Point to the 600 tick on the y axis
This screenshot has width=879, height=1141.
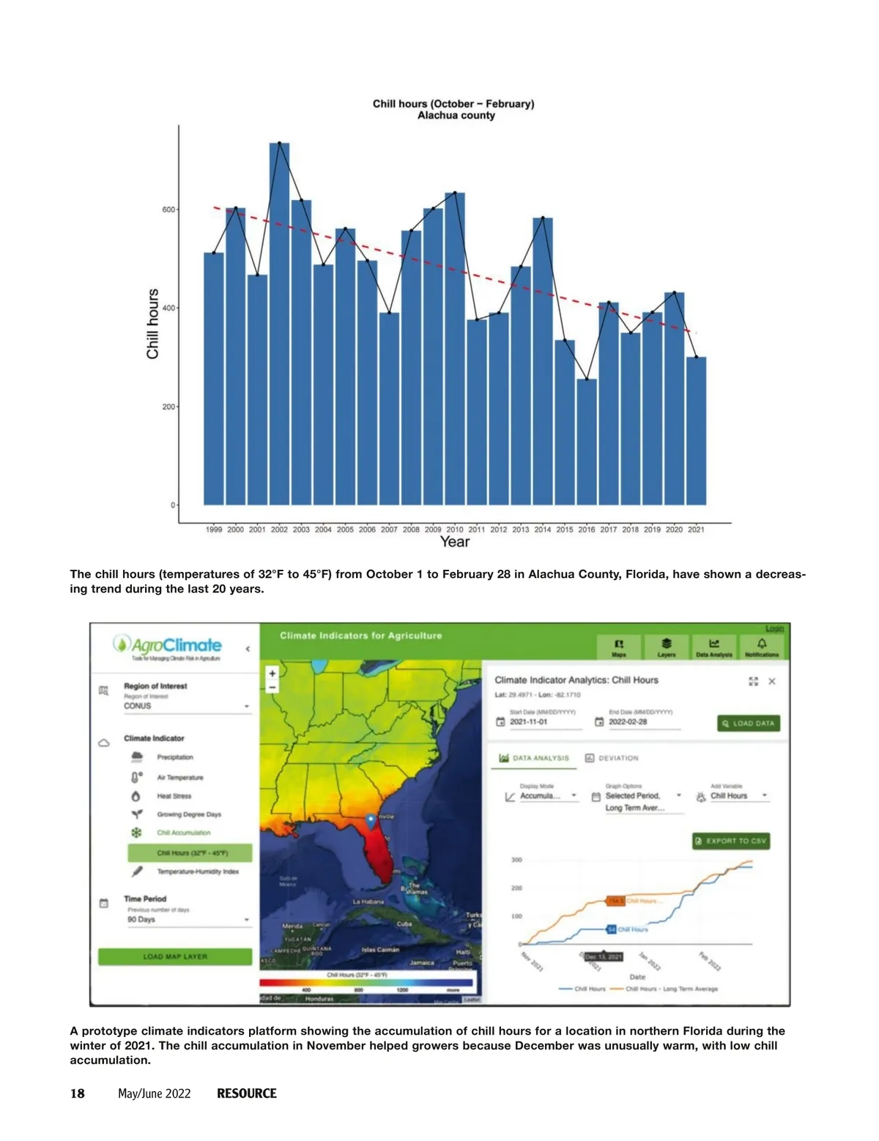[x=168, y=209]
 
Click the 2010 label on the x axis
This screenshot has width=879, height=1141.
[x=455, y=529]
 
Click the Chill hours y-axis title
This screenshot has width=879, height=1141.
[x=152, y=324]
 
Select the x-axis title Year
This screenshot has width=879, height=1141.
[x=454, y=542]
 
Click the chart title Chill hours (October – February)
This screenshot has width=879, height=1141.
[x=453, y=104]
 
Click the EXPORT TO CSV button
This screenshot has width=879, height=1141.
[x=731, y=841]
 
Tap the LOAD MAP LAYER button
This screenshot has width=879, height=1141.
[x=175, y=956]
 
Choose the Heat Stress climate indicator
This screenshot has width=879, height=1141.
[x=174, y=796]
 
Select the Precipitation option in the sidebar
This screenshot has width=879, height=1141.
[x=175, y=757]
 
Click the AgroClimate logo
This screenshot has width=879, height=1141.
[x=168, y=646]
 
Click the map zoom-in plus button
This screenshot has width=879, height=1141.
[x=272, y=673]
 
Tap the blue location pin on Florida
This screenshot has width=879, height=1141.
[x=371, y=820]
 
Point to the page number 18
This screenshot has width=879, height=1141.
[x=78, y=1093]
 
